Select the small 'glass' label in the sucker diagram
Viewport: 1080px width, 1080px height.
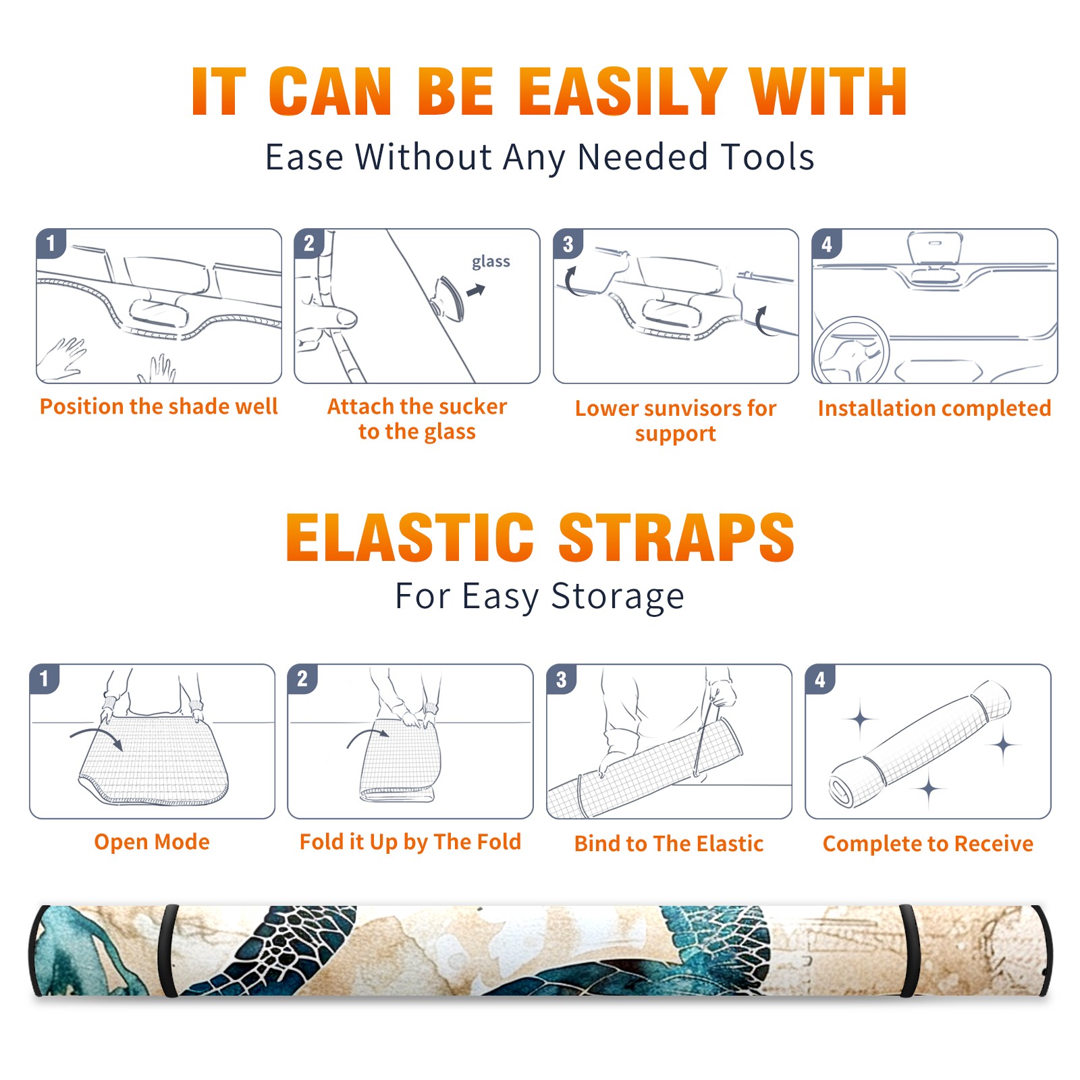pos(491,261)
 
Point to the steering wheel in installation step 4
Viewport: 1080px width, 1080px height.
pos(850,350)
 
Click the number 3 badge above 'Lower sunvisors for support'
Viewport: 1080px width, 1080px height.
pos(568,244)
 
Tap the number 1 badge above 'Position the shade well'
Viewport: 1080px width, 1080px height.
pos(51,243)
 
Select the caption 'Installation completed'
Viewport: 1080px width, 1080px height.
pos(934,408)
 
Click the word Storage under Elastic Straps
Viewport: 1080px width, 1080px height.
pos(618,597)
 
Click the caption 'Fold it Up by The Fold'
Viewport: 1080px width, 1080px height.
pos(410,842)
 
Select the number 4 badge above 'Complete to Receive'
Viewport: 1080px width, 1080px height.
pos(820,679)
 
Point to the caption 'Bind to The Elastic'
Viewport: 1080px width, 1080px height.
pos(669,844)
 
